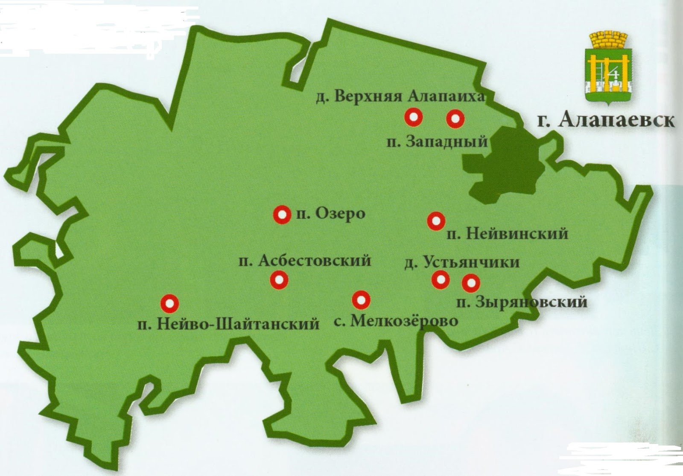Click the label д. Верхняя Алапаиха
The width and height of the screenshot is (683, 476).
pyautogui.click(x=400, y=97)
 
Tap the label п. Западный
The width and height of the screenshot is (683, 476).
pyautogui.click(x=437, y=141)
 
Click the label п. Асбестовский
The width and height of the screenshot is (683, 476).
pyautogui.click(x=305, y=260)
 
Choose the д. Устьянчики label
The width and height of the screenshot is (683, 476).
pyautogui.click(x=462, y=262)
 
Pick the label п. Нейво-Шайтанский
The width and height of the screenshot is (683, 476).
pyautogui.click(x=228, y=323)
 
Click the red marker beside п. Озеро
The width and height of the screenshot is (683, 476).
pyautogui.click(x=282, y=215)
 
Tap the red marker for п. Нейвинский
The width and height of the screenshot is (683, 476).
pyautogui.click(x=436, y=221)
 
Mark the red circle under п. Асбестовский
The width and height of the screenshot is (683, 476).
pyautogui.click(x=279, y=280)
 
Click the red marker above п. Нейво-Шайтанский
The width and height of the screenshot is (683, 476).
pyautogui.click(x=169, y=303)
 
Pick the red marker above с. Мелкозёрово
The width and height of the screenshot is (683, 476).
pyautogui.click(x=361, y=300)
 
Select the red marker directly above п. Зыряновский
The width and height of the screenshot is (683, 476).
pyautogui.click(x=471, y=282)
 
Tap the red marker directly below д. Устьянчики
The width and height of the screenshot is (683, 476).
pyautogui.click(x=441, y=279)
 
